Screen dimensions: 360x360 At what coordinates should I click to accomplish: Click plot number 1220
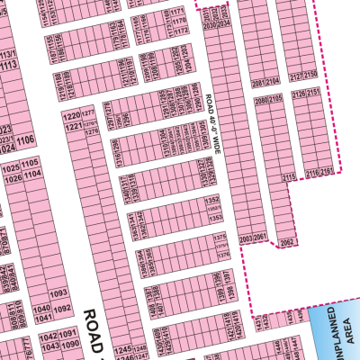[70, 116]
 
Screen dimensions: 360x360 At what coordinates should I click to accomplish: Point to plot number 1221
[70, 128]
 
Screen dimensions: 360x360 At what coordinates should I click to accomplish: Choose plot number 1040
[41, 309]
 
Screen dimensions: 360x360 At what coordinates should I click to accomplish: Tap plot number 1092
[62, 309]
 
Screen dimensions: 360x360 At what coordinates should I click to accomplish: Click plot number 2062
[286, 242]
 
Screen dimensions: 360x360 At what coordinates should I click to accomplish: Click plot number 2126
[301, 93]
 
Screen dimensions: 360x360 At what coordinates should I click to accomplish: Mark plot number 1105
[31, 163]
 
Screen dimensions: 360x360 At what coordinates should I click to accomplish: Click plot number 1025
[11, 168]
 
